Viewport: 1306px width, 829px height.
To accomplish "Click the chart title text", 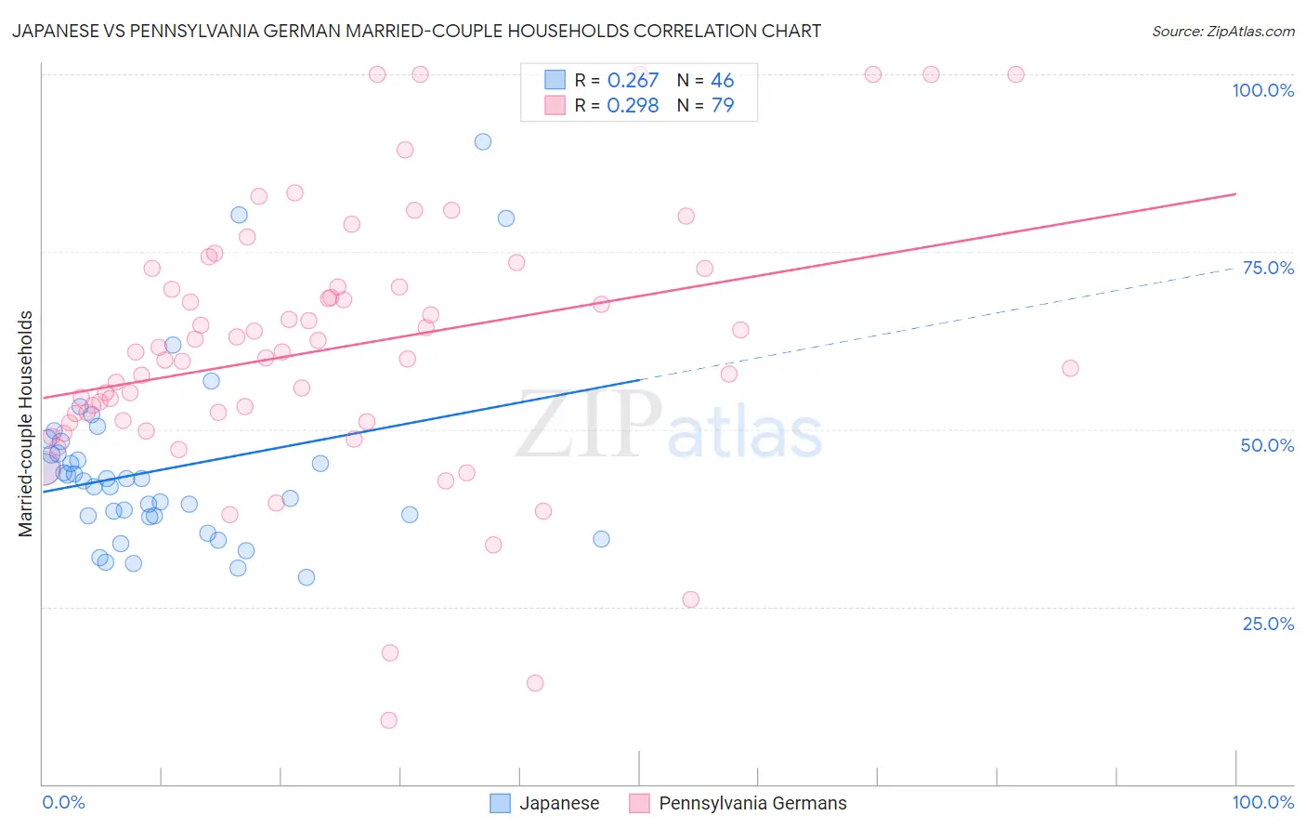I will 415,31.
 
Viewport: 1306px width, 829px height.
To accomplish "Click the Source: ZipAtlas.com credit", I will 1222,31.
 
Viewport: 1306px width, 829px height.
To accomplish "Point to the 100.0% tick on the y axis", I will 1262,90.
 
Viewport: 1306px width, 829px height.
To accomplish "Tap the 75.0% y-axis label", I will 1268,268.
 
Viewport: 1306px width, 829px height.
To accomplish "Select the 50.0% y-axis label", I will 1267,445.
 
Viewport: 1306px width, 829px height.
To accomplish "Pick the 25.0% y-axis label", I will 1268,623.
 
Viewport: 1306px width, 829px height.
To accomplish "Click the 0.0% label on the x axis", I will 63,802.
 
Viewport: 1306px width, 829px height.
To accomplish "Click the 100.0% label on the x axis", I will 1262,802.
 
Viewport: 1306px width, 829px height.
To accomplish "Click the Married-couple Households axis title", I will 26,424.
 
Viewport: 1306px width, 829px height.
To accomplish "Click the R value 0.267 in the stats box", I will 633,80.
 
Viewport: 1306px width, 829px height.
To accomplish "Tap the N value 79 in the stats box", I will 723,105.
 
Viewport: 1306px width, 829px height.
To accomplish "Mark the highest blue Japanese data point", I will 483,142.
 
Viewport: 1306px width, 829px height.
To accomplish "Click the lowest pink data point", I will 389,720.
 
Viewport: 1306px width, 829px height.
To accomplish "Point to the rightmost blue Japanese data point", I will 601,539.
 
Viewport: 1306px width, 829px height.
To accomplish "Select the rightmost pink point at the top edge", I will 1016,74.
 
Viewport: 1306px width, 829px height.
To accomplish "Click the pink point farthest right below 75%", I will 1070,368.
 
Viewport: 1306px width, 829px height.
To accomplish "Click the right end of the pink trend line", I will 1235,193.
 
